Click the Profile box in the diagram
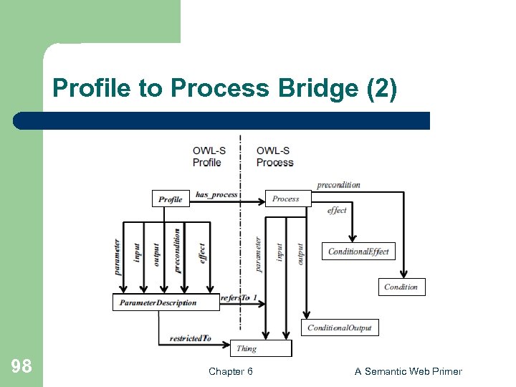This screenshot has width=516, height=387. click(171, 199)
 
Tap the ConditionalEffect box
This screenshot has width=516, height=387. click(358, 252)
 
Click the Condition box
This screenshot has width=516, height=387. click(401, 287)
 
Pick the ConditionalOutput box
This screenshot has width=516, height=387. click(340, 328)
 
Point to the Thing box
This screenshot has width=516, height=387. click(261, 348)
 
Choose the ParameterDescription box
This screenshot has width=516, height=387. click(165, 302)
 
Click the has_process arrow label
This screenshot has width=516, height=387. click(216, 194)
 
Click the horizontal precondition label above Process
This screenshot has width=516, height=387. click(338, 185)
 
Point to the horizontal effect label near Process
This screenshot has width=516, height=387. click(336, 211)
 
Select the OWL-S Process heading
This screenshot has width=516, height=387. click(274, 156)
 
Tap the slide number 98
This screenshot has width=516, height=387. click(21, 367)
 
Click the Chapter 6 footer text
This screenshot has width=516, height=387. click(230, 371)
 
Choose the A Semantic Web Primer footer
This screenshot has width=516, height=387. click(408, 371)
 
